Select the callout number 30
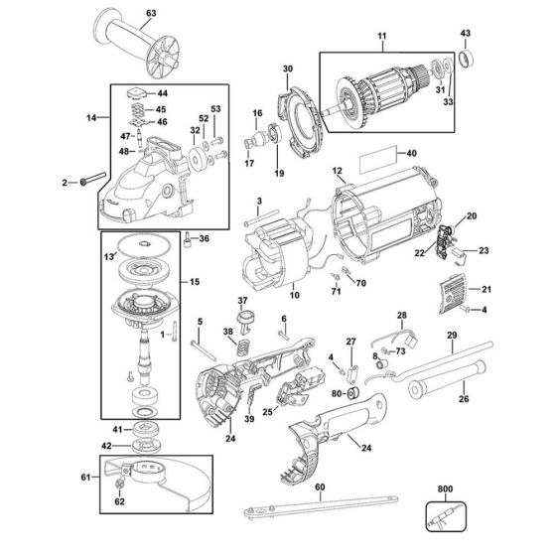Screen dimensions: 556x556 tap(289, 69)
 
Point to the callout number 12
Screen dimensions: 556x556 tap(338, 172)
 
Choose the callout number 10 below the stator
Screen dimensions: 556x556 tap(294, 296)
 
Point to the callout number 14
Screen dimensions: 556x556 tap(90, 117)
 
